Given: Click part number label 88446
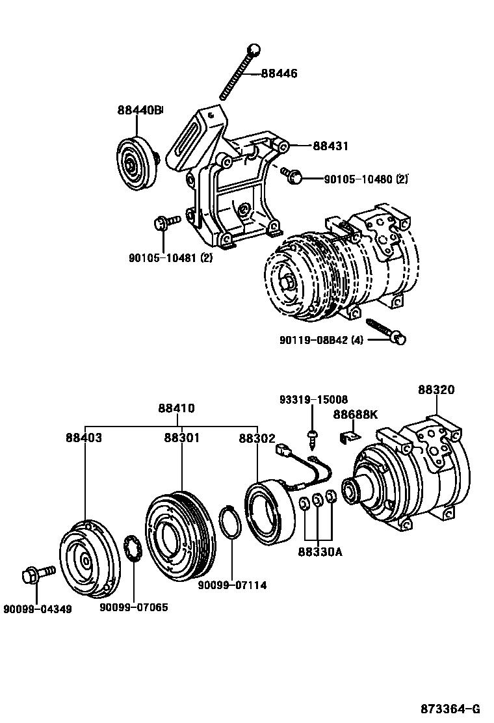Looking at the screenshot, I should pyautogui.click(x=279, y=74).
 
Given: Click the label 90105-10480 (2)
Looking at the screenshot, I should pyautogui.click(x=366, y=179).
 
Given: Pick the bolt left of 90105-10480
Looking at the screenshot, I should pyautogui.click(x=292, y=174).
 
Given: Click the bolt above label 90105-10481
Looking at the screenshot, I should pyautogui.click(x=165, y=223).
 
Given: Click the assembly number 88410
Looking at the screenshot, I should pyautogui.click(x=176, y=408).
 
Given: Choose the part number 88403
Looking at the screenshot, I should pyautogui.click(x=83, y=438).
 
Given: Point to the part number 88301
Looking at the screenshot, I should pyautogui.click(x=181, y=438).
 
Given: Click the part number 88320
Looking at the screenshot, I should pyautogui.click(x=436, y=390).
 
